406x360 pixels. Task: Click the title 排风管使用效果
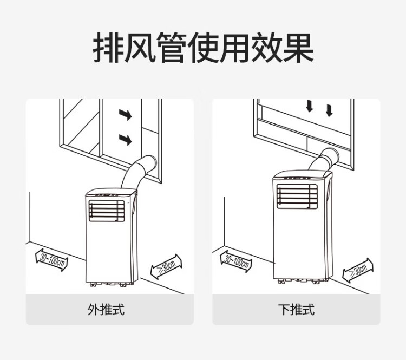[x=203, y=49]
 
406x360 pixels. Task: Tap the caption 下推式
[x=296, y=310]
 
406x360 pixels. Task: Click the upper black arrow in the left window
[x=125, y=115]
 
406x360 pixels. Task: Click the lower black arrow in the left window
[x=125, y=140]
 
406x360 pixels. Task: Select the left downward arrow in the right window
[x=310, y=106]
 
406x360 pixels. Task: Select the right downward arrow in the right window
[x=329, y=110]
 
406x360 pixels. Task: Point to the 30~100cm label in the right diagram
[x=236, y=259]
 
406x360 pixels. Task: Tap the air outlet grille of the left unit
[x=107, y=210]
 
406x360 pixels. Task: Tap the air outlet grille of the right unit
[x=297, y=197]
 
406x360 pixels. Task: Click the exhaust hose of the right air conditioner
[x=325, y=160]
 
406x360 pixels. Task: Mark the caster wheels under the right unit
[x=301, y=280]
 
